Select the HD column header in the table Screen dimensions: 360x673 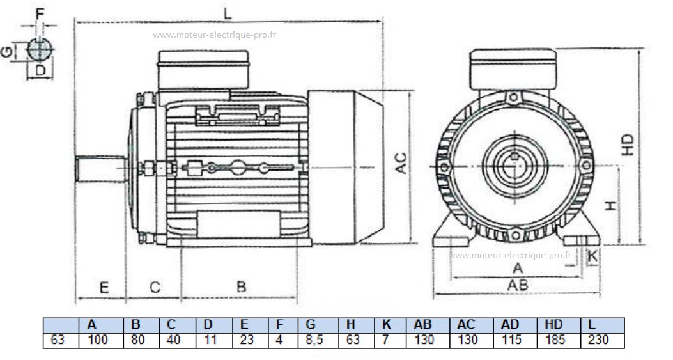tap(553, 325)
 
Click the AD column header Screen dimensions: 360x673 tap(512, 325)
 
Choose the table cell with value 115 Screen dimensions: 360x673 tap(512, 340)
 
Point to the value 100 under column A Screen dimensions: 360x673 tap(97, 340)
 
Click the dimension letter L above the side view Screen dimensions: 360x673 tap(228, 13)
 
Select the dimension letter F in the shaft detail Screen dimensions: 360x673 tap(41, 12)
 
